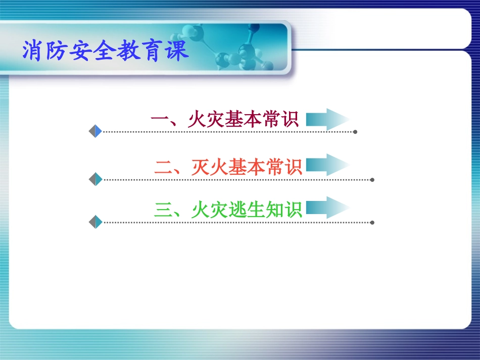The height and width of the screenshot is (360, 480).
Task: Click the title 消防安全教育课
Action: click(x=106, y=52)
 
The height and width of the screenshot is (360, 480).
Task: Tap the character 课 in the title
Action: click(x=177, y=52)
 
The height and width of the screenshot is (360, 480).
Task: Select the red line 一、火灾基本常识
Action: click(x=225, y=120)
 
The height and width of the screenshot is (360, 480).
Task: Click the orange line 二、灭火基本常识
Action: click(x=228, y=167)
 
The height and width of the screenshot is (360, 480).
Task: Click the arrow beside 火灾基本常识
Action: click(x=327, y=120)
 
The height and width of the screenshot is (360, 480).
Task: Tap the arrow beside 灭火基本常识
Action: click(x=327, y=165)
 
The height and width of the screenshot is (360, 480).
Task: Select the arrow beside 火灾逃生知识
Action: click(x=327, y=208)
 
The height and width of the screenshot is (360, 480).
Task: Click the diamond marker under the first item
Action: click(x=95, y=131)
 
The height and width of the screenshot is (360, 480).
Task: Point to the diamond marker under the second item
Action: click(x=95, y=179)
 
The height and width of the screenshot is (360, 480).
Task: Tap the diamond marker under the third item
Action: click(x=95, y=222)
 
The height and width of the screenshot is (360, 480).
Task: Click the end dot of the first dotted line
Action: click(x=355, y=132)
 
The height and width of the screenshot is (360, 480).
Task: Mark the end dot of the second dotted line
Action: click(x=372, y=179)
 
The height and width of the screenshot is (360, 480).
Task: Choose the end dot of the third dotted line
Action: click(x=372, y=222)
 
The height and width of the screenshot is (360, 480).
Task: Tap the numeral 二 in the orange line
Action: click(x=164, y=167)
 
